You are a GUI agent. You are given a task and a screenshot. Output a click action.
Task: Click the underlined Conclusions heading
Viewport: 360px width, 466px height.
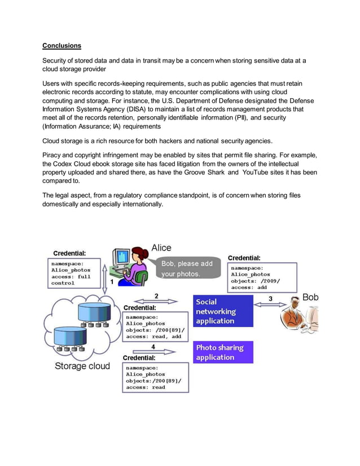point(62,45)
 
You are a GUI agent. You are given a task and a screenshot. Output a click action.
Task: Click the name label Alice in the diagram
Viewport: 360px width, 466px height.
point(161,248)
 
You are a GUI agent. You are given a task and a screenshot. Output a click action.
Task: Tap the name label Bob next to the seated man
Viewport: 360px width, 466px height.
point(311,297)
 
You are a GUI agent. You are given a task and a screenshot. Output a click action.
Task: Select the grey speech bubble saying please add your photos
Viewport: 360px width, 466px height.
point(187,269)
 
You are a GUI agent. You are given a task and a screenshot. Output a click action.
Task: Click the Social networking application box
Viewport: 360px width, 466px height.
point(223,311)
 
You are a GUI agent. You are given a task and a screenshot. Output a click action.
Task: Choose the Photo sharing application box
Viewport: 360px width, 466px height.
point(223,352)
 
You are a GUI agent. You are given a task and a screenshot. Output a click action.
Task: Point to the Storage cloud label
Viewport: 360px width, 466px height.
point(82,366)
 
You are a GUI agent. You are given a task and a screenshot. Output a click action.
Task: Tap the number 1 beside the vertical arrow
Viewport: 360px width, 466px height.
point(112,282)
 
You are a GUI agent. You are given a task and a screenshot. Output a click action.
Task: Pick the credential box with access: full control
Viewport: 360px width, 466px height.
point(74,273)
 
